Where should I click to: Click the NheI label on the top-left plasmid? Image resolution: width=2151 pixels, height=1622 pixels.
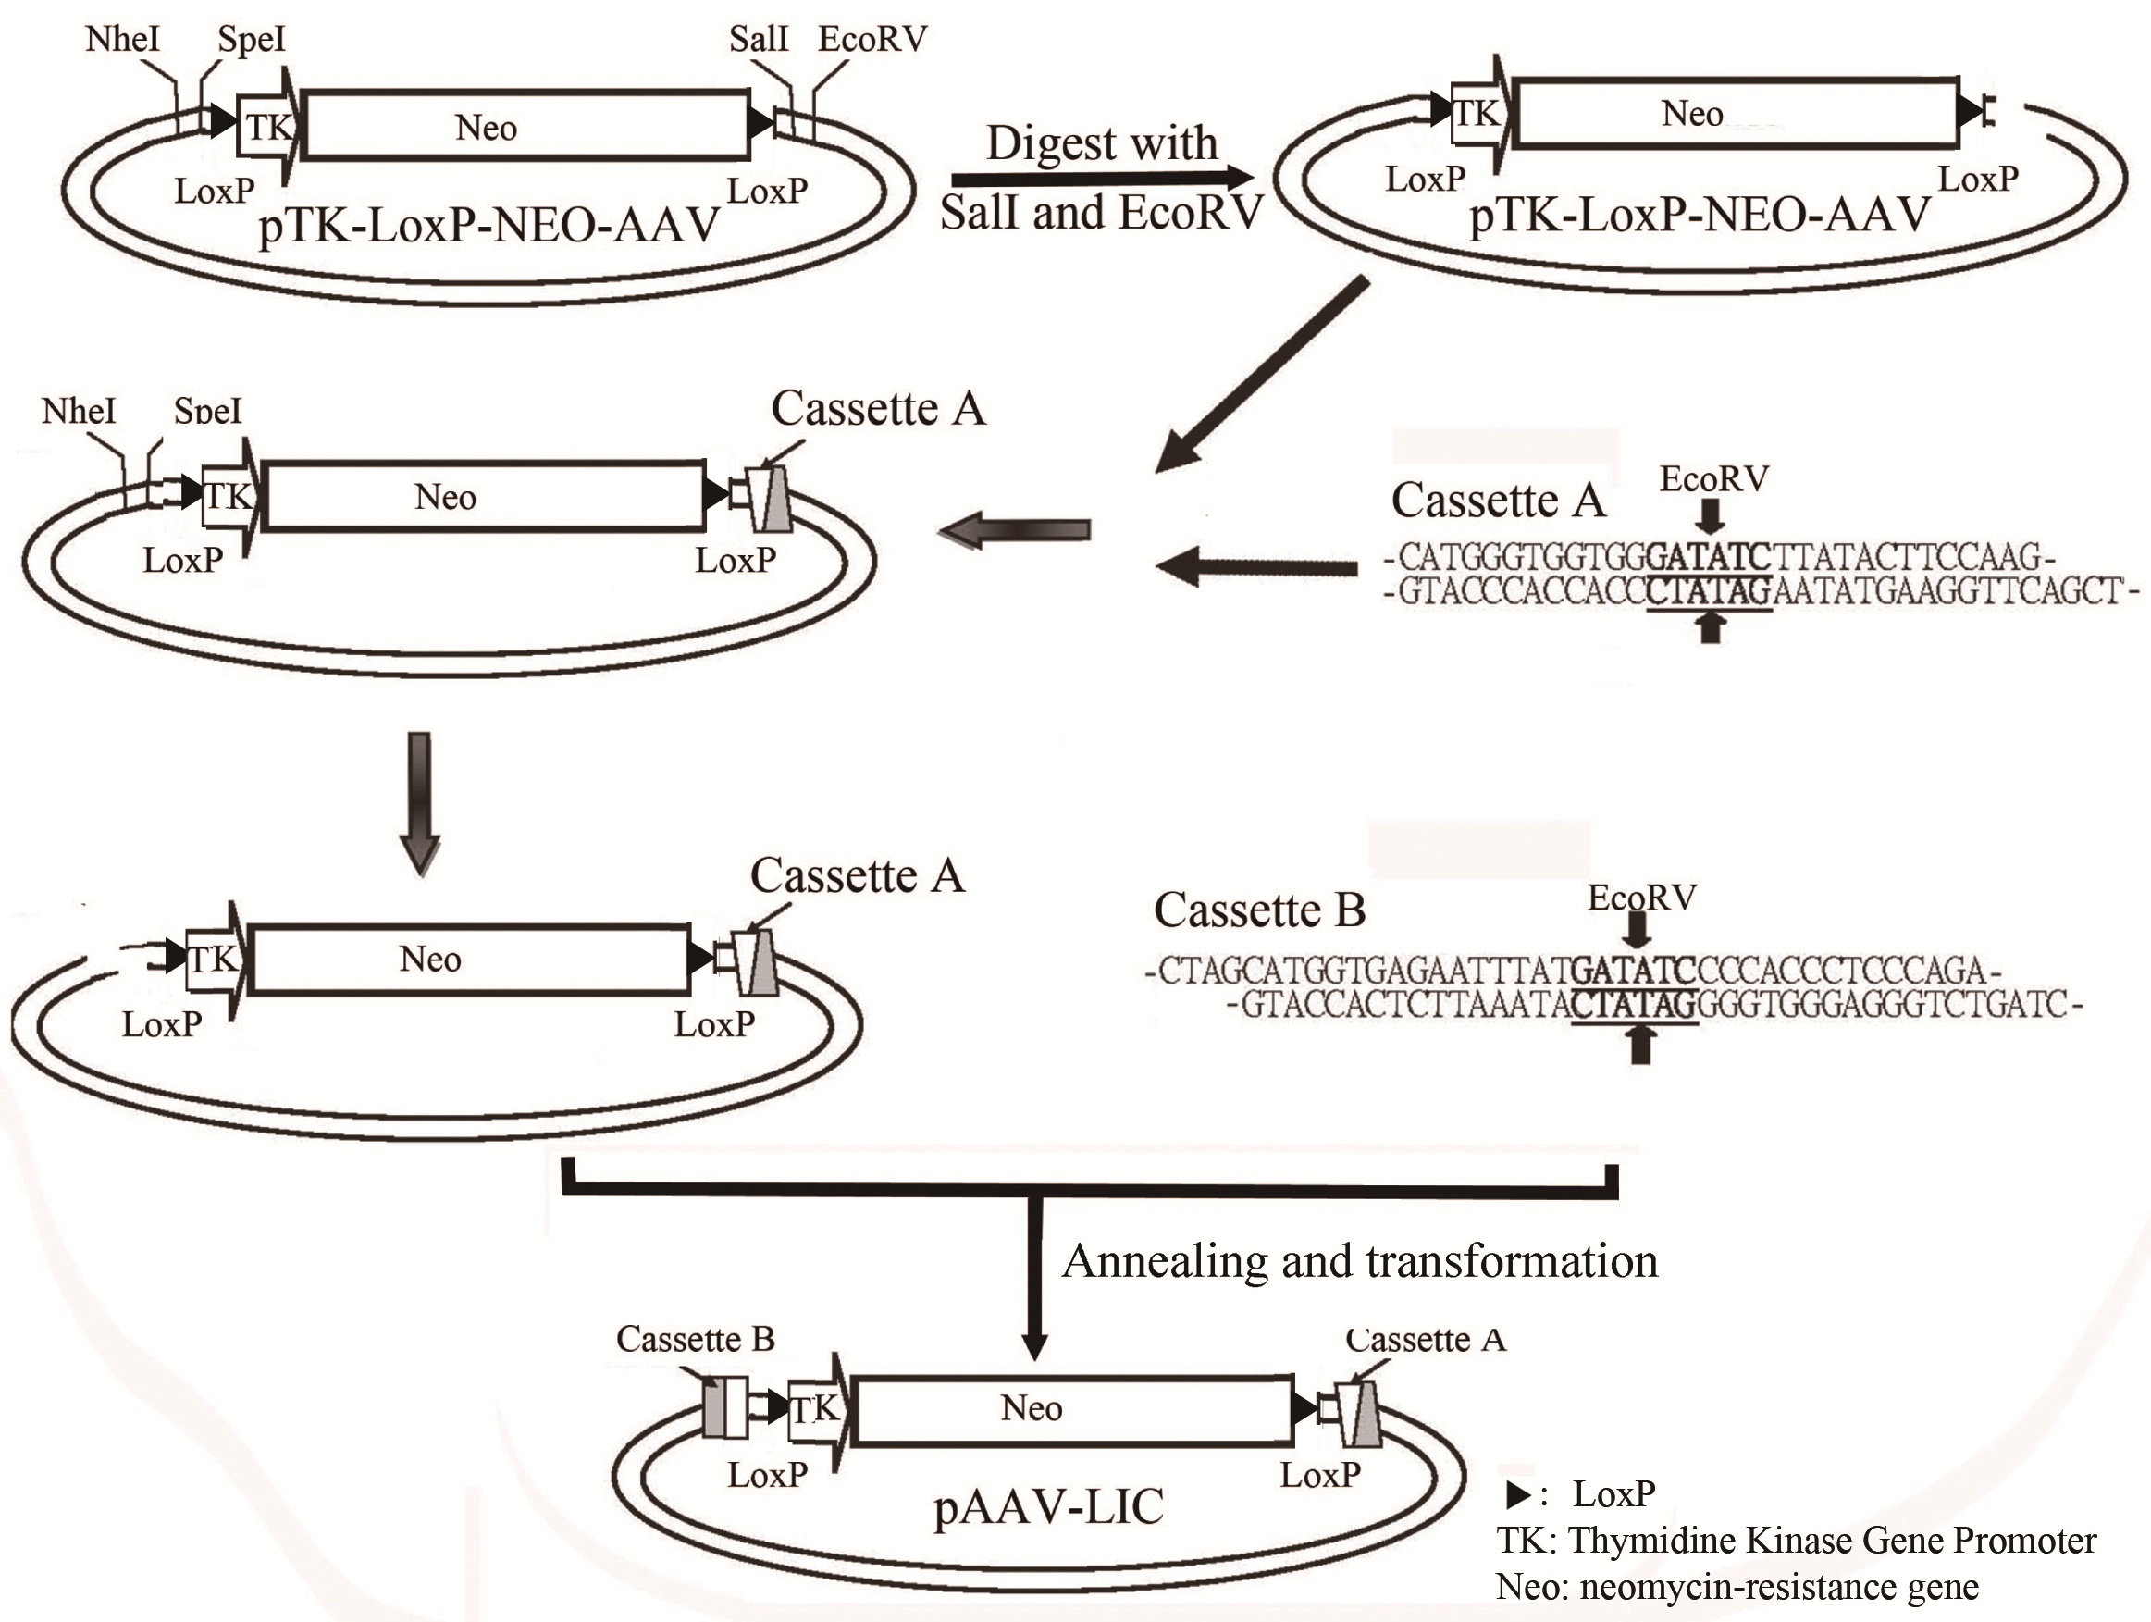click(122, 39)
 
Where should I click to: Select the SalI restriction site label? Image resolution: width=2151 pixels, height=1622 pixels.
click(759, 39)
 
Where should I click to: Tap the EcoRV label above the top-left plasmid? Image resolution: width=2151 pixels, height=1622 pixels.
click(872, 39)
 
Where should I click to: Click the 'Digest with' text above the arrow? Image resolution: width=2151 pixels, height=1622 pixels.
click(1102, 142)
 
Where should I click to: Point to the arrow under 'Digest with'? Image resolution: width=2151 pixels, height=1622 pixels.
click(1103, 178)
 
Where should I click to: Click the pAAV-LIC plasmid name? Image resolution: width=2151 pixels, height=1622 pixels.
click(1048, 1507)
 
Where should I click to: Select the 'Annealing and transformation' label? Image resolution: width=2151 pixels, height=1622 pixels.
click(1359, 1261)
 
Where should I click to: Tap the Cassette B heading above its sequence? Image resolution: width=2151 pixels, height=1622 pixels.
click(1259, 910)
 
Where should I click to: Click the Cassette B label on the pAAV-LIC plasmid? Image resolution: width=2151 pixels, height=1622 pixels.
click(696, 1339)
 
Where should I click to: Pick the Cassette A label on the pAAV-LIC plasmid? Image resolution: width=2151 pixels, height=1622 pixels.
click(1426, 1340)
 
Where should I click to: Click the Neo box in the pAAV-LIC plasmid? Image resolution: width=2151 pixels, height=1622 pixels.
click(1073, 1409)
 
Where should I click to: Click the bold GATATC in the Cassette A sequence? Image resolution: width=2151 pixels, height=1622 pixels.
click(1709, 557)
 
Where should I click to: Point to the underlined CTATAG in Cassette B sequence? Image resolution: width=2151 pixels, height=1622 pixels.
click(1635, 1004)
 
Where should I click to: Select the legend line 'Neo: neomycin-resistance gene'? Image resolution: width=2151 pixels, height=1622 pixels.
click(1737, 1587)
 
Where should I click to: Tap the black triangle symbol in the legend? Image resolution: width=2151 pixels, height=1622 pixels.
click(1517, 1493)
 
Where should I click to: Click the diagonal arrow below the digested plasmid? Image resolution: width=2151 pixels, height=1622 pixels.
click(1262, 376)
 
